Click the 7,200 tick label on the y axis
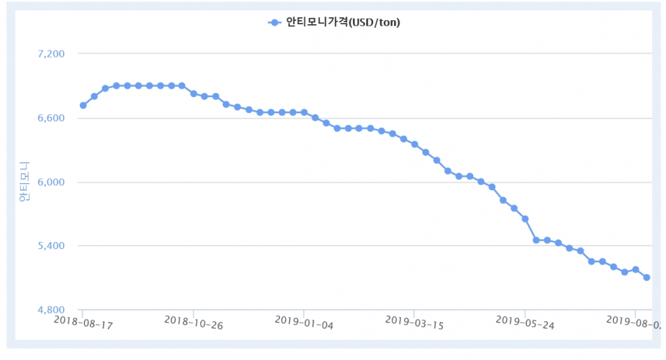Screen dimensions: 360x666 click(x=50, y=53)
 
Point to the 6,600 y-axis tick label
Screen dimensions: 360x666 click(x=50, y=118)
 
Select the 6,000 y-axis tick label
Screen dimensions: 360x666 click(x=50, y=182)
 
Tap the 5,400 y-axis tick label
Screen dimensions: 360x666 click(x=50, y=246)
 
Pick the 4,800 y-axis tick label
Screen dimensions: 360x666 click(x=50, y=309)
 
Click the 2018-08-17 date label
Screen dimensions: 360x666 click(x=83, y=322)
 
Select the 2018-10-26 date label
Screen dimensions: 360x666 click(x=194, y=322)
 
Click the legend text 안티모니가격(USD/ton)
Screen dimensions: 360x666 click(x=343, y=22)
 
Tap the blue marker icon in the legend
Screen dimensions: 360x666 click(x=275, y=22)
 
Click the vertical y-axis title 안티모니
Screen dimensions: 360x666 click(x=24, y=182)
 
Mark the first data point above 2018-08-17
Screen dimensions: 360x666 click(x=83, y=105)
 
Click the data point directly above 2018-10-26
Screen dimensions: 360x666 click(x=194, y=93)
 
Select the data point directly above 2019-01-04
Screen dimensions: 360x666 click(x=304, y=112)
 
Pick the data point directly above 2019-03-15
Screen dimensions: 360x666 click(x=414, y=144)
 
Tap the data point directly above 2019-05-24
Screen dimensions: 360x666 click(x=525, y=218)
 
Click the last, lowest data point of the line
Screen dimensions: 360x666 click(x=647, y=277)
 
